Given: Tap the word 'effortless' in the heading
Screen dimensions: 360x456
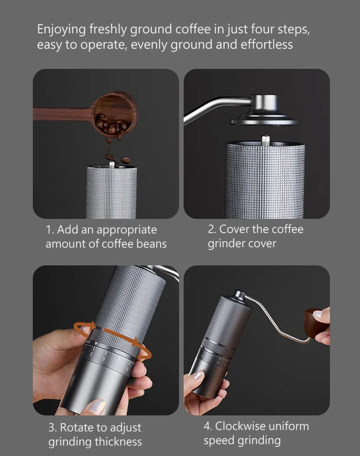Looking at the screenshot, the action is [267, 45].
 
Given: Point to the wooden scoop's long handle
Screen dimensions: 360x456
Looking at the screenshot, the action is [63, 114].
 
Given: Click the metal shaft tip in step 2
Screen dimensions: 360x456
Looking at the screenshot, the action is [266, 140].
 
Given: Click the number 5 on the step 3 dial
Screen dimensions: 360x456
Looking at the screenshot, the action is [91, 354].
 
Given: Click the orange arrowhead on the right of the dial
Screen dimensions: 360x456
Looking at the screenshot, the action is [135, 342].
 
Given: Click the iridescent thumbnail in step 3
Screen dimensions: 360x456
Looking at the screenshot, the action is [97, 406].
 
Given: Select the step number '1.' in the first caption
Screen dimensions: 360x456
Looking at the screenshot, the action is [50, 230].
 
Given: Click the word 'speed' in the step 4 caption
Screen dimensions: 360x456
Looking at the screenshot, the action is [218, 440].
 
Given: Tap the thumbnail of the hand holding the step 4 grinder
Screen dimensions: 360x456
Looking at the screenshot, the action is [198, 375].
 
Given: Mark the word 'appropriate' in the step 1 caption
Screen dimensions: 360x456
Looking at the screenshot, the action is [127, 230].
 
